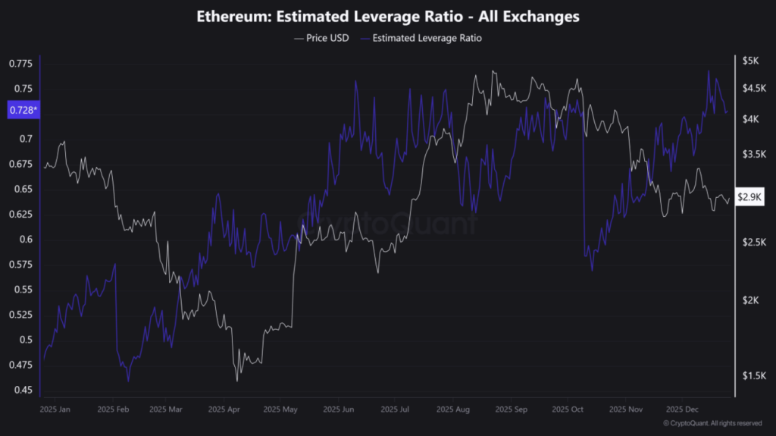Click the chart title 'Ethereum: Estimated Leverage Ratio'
click(x=387, y=15)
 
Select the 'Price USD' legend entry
click(x=321, y=37)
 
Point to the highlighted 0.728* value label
click(x=23, y=111)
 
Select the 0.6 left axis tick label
click(x=27, y=240)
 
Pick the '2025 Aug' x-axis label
click(x=452, y=409)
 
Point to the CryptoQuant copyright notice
click(x=712, y=423)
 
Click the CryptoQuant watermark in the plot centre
click(x=387, y=223)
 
